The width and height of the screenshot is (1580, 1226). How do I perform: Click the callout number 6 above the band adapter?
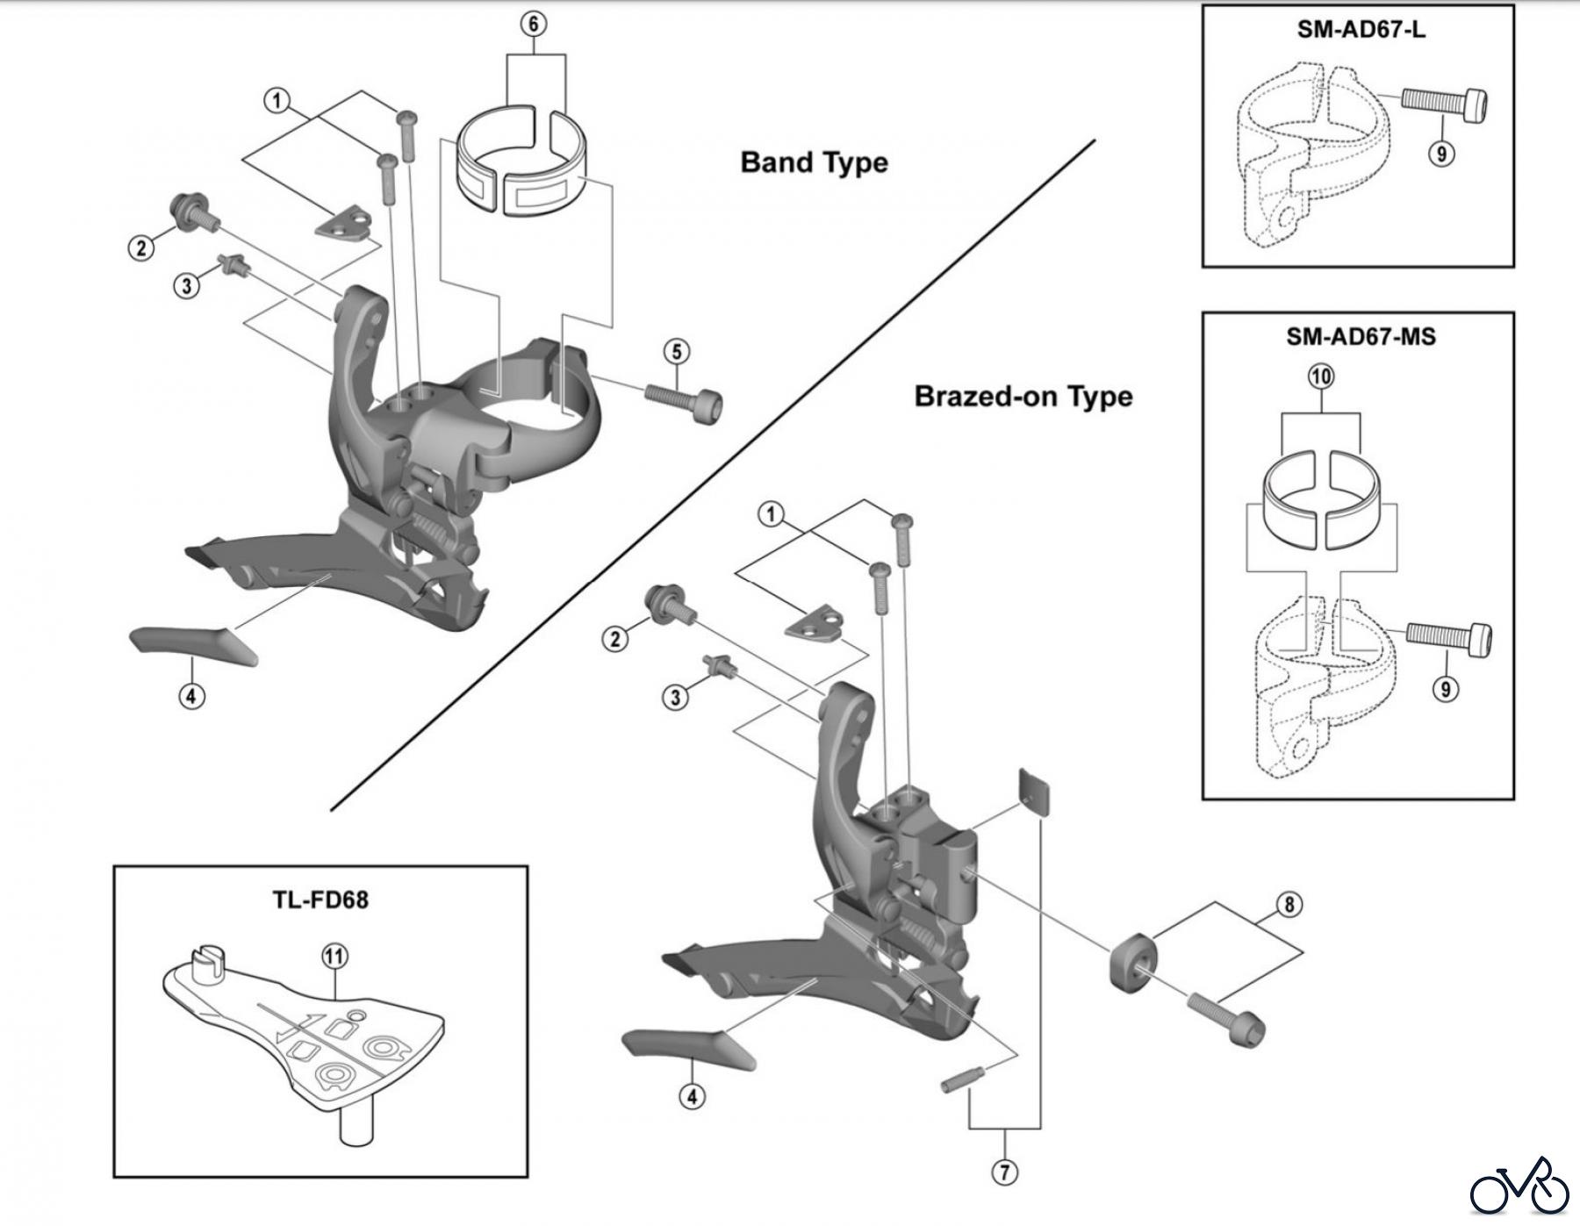tap(534, 24)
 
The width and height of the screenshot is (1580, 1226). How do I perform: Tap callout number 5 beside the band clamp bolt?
tap(676, 352)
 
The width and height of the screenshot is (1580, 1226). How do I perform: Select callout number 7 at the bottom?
tap(1004, 1172)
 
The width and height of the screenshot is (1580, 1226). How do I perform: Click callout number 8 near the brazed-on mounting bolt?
tap(1289, 905)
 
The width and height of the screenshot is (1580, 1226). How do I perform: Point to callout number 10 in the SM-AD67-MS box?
tap(1321, 376)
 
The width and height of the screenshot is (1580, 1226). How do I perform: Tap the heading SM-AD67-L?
tap(1361, 29)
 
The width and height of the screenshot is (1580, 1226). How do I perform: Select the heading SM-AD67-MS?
tap(1361, 336)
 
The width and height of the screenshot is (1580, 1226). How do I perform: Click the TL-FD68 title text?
tap(320, 900)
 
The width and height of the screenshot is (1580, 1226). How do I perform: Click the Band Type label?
tap(814, 162)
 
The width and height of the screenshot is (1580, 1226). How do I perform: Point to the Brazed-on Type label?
tap(1023, 397)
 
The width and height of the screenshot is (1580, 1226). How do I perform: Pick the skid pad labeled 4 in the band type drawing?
tap(193, 645)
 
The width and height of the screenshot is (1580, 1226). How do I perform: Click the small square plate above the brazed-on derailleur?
tap(1036, 789)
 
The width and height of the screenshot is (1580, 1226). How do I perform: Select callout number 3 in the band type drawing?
tap(186, 285)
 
